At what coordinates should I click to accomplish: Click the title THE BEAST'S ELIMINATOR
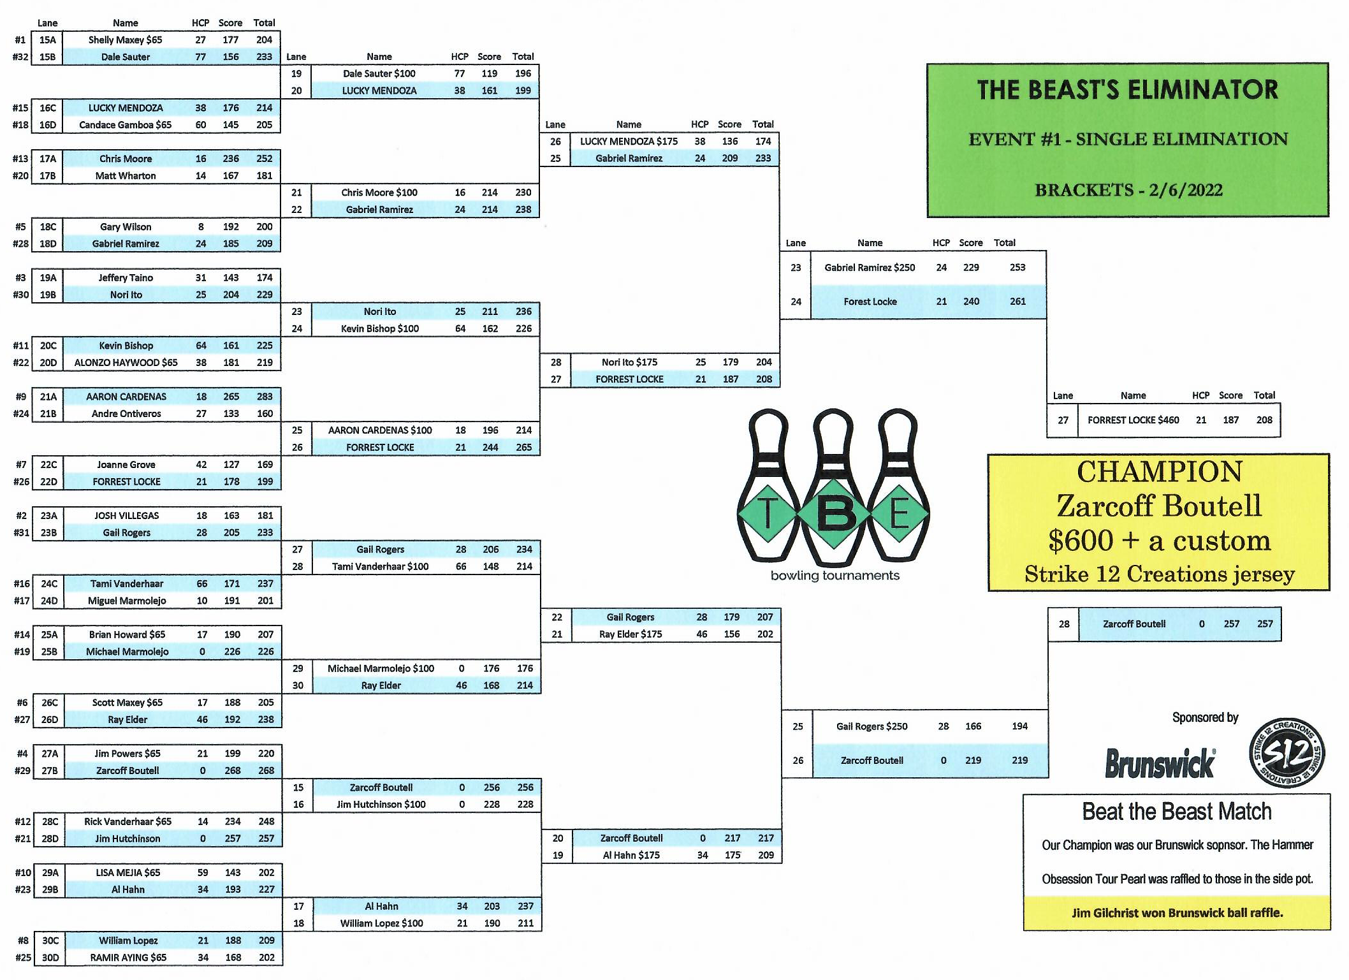point(1127,90)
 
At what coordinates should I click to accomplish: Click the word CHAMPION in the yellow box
point(1159,472)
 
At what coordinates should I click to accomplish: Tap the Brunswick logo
point(1160,763)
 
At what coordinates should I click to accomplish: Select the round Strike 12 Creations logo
point(1287,753)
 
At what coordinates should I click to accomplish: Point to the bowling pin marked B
point(833,488)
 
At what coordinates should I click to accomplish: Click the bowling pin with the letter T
point(768,488)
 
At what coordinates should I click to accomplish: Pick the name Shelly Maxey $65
point(125,40)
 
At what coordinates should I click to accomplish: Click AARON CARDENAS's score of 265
point(231,397)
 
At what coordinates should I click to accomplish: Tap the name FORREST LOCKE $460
point(1133,420)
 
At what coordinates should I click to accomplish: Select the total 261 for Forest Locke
point(1017,302)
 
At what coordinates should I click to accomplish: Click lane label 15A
point(48,40)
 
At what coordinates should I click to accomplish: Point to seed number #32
point(20,57)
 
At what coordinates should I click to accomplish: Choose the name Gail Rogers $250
point(871,726)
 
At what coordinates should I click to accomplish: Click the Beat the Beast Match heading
point(1176,812)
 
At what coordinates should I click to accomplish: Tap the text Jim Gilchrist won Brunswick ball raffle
point(1177,913)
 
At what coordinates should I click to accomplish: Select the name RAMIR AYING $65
point(128,958)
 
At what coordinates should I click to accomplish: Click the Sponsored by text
point(1205,717)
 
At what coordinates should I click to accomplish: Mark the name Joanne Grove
point(126,465)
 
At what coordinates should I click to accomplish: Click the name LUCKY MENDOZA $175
point(629,142)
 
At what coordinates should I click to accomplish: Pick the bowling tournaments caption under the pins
point(835,575)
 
